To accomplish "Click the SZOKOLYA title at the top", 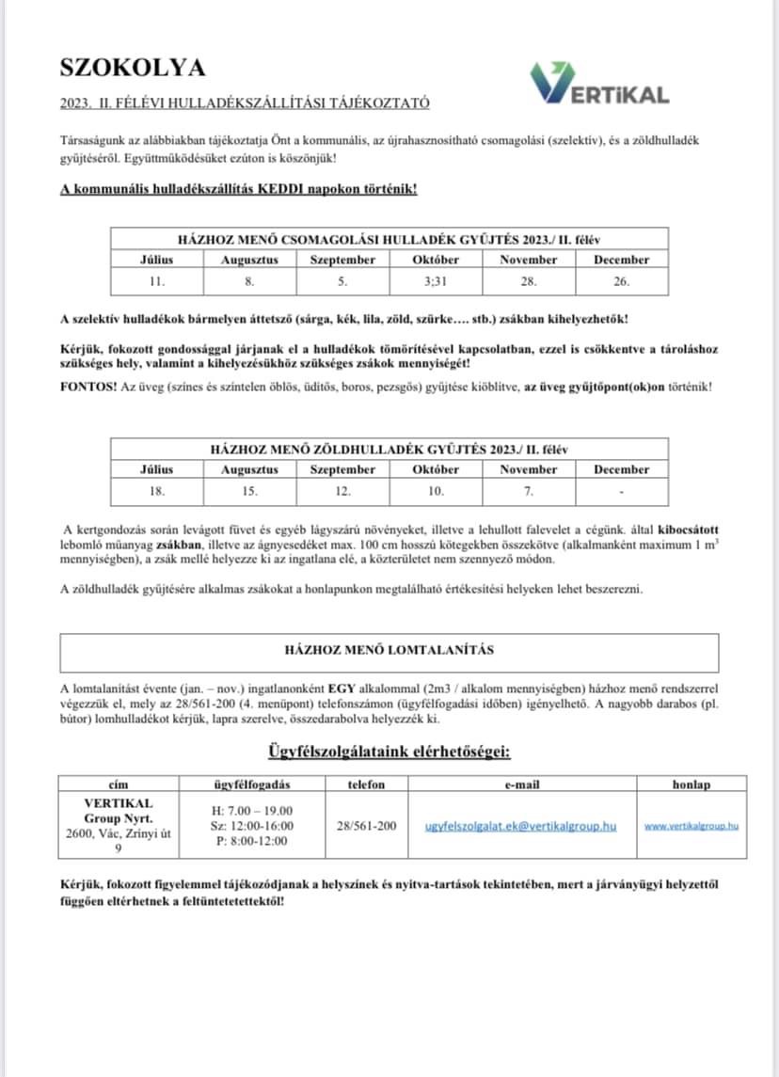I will [x=132, y=67].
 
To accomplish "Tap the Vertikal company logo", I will [x=599, y=86].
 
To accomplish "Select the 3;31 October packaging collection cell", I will [x=436, y=281].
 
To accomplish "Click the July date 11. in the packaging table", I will [x=157, y=281].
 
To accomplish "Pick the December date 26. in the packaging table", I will [x=621, y=281].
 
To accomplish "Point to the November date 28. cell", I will [x=528, y=281].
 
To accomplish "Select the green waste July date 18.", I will [x=157, y=491].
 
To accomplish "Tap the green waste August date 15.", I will [x=249, y=491].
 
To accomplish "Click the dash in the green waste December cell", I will [x=621, y=491].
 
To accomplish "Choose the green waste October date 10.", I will [x=436, y=491].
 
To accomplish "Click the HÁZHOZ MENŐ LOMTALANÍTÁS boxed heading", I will [x=389, y=650].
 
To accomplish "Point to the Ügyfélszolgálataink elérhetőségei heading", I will [x=389, y=752].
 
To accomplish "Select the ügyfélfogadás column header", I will [x=251, y=784].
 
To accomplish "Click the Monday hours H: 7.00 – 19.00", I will [x=251, y=810].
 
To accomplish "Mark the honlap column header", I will [x=692, y=784].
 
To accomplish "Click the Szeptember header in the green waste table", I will [x=342, y=469].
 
